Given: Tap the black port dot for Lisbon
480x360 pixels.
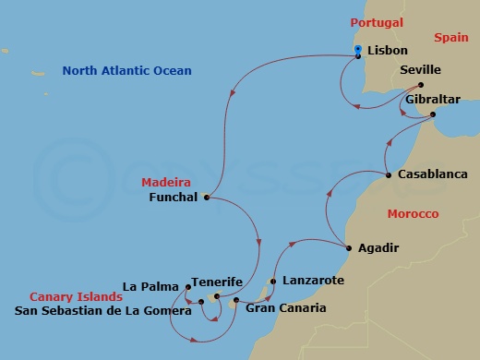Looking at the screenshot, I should click(358, 56).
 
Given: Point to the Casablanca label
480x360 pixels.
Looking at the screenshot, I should click(432, 174).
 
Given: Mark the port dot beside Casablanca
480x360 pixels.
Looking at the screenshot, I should click(388, 174).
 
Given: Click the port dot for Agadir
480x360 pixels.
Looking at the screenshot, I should click(347, 248).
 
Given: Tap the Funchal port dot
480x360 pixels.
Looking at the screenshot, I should click(207, 197).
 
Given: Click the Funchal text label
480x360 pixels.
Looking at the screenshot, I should click(174, 197).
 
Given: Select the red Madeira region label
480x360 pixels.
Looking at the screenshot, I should click(165, 182).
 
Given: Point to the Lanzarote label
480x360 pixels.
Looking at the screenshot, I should click(313, 280).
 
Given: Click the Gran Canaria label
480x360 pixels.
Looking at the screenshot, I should click(285, 307).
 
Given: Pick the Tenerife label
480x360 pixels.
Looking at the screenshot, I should click(216, 282).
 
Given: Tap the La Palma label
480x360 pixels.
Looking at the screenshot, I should click(151, 286).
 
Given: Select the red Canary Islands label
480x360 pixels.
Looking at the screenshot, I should click(76, 297).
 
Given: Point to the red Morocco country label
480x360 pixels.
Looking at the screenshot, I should click(413, 213).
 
